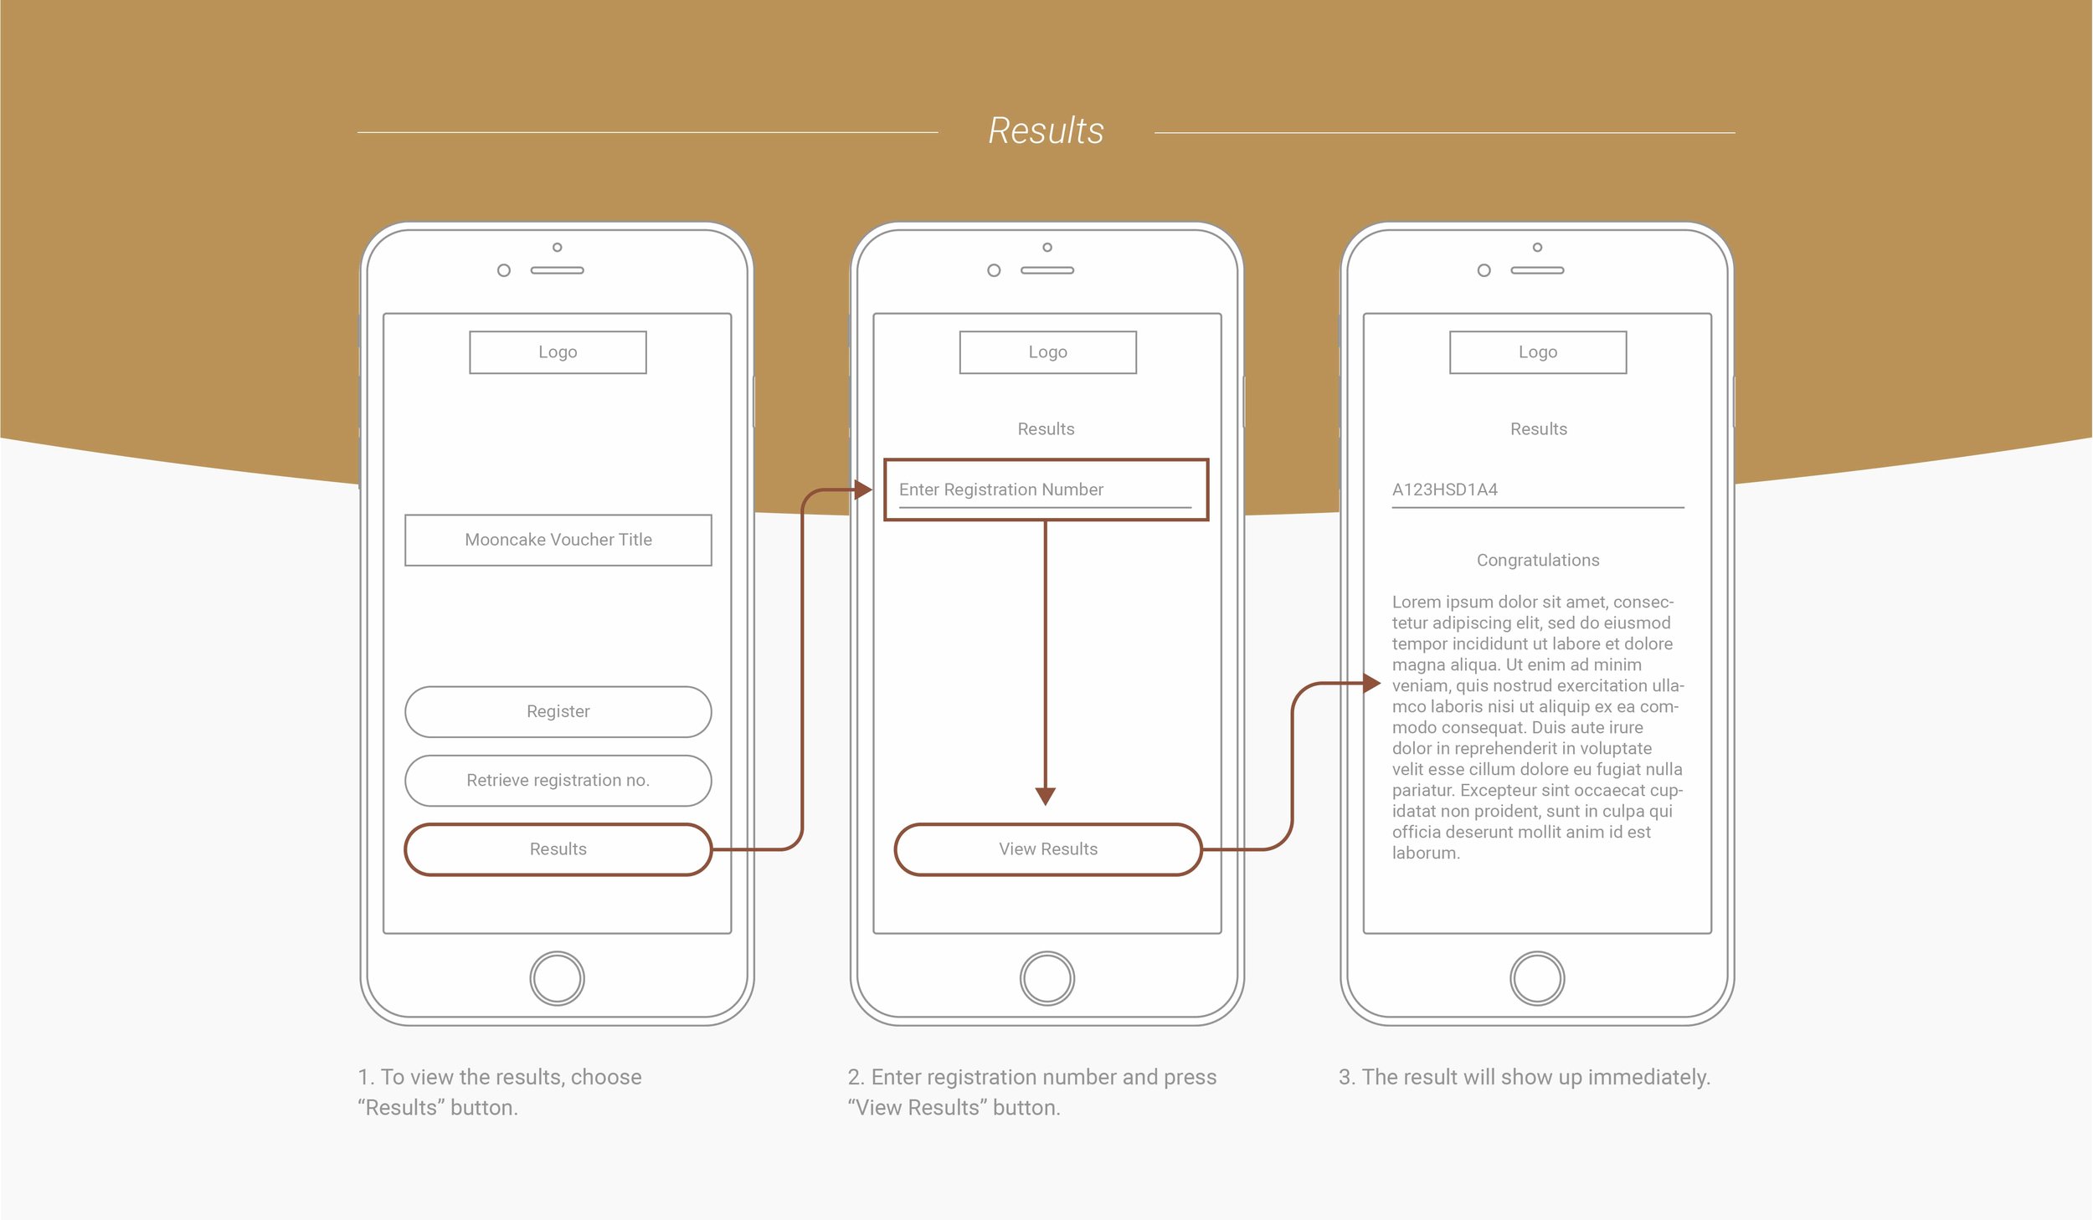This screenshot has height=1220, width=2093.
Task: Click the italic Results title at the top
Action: point(1046,131)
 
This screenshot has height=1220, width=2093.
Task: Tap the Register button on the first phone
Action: point(558,712)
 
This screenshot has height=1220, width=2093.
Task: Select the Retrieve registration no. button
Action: point(558,781)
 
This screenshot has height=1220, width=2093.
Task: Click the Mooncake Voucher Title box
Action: point(558,540)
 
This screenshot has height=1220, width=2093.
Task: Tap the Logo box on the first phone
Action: point(558,352)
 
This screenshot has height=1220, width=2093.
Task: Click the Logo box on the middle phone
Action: point(1048,352)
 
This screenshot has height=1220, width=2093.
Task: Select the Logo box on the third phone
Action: point(1538,352)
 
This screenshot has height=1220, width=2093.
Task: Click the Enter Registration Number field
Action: point(1046,490)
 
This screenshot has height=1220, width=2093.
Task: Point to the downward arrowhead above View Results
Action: point(1046,796)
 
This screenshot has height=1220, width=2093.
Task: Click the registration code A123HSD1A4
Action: point(1445,490)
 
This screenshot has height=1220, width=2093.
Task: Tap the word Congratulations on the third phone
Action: point(1538,560)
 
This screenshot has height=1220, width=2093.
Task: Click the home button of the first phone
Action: point(558,978)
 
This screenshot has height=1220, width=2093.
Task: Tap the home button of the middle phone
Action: point(1047,978)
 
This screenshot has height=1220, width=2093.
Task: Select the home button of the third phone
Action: point(1537,978)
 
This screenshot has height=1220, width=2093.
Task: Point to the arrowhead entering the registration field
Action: point(864,490)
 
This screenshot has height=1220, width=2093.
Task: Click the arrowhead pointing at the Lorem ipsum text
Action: point(1371,684)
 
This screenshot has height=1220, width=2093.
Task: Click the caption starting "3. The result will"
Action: point(1524,1077)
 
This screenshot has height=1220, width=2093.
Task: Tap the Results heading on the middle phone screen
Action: point(1046,429)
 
